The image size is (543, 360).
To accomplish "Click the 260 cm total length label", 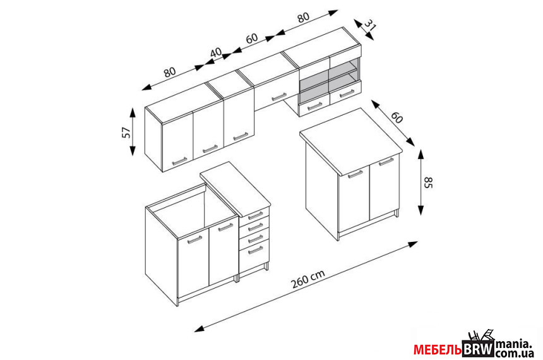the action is click(308, 279).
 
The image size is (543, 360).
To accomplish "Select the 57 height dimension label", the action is click(127, 132).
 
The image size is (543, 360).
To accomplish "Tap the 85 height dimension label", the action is click(428, 183).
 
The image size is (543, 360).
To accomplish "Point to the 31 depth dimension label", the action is click(370, 25).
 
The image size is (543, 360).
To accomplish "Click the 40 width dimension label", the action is click(216, 52).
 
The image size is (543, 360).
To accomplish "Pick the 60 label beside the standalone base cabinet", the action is click(397, 118).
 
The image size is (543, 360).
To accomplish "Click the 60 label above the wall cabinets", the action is click(252, 38).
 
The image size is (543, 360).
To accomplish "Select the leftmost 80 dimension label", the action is click(170, 72).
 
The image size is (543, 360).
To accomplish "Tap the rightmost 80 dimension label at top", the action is click(302, 17).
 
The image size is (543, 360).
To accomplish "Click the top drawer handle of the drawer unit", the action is click(256, 215).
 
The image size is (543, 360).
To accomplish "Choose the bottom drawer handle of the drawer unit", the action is click(256, 250).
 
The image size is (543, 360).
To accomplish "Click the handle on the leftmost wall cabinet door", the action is click(179, 161).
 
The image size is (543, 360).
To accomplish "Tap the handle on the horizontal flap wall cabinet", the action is click(279, 97).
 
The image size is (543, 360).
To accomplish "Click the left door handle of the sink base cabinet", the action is click(194, 240).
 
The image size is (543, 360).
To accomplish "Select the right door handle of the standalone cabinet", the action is click(386, 162).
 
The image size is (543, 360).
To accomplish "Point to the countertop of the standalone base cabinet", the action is click(351, 141).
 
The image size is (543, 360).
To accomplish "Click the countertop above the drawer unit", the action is click(235, 188).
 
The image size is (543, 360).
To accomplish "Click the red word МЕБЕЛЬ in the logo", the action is click(438, 349).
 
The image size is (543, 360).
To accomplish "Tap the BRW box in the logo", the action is click(478, 349).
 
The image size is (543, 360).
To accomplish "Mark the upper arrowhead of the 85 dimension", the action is click(421, 154).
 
